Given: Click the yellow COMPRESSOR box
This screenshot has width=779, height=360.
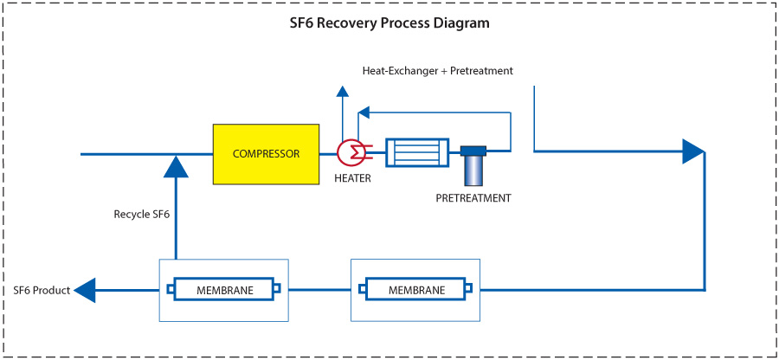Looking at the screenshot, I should pyautogui.click(x=266, y=154).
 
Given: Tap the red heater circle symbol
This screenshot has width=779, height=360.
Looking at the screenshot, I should pyautogui.click(x=351, y=152).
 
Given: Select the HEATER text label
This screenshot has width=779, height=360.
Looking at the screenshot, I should pyautogui.click(x=352, y=178).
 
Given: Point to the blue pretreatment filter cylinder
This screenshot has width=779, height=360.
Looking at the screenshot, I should pyautogui.click(x=473, y=165).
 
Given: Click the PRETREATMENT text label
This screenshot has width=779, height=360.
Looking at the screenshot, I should pyautogui.click(x=473, y=198).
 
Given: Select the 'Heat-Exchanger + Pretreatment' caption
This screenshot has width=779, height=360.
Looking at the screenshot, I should pyautogui.click(x=437, y=70).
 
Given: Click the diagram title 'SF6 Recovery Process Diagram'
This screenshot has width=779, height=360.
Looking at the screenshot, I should pyautogui.click(x=389, y=23).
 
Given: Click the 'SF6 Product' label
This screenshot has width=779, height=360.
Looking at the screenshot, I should pyautogui.click(x=42, y=290).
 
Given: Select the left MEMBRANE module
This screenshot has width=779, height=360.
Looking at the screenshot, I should pyautogui.click(x=222, y=290).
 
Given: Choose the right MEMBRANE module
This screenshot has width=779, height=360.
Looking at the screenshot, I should pyautogui.click(x=415, y=290).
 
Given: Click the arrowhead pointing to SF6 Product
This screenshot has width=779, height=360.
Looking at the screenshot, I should pyautogui.click(x=85, y=290).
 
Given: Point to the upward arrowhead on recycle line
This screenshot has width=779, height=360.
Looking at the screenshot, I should pyautogui.click(x=176, y=166).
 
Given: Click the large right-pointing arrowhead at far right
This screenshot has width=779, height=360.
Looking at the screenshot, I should pyautogui.click(x=693, y=151).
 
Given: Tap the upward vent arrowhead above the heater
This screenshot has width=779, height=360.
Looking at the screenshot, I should pyautogui.click(x=343, y=92).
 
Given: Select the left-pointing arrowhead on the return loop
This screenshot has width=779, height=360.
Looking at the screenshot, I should pyautogui.click(x=364, y=112).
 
